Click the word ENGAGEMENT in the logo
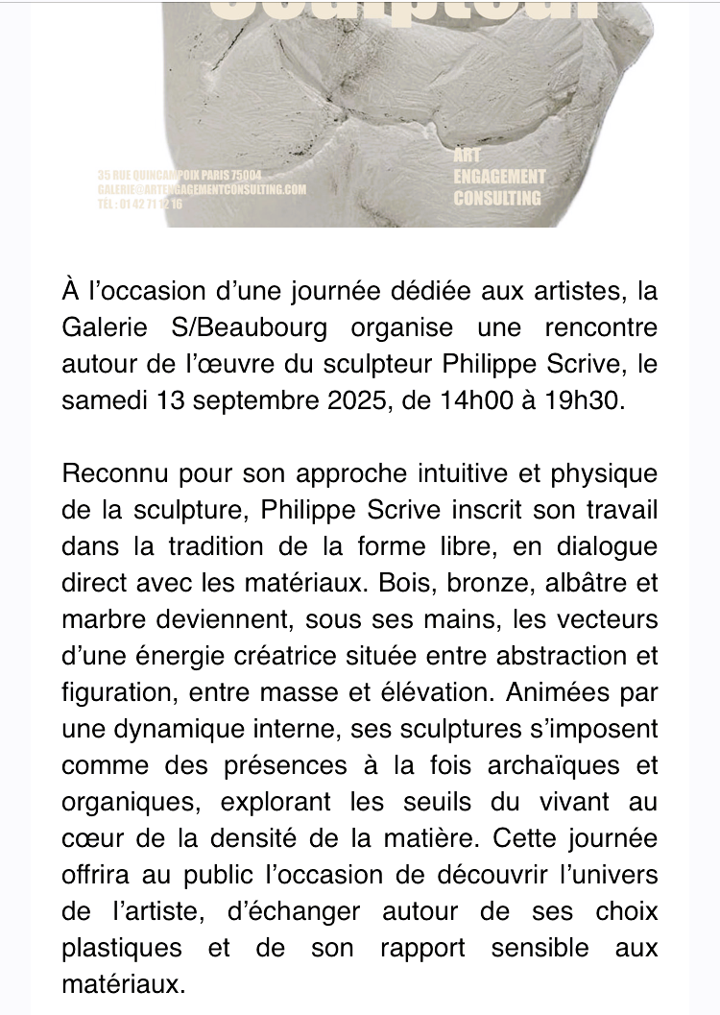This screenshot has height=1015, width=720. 498,177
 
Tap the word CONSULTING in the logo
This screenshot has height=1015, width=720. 496,199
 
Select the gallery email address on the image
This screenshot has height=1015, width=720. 202,189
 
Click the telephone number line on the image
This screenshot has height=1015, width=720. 140,203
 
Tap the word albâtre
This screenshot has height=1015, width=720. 542,583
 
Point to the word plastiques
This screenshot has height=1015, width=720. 121,948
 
